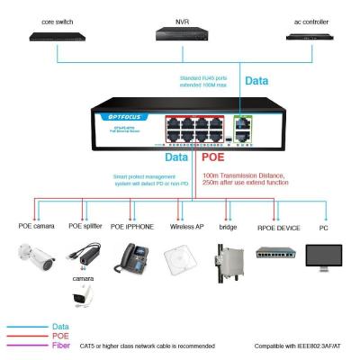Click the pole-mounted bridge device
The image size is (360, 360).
pos(227,261)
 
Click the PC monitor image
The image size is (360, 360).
pos(323,257)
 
